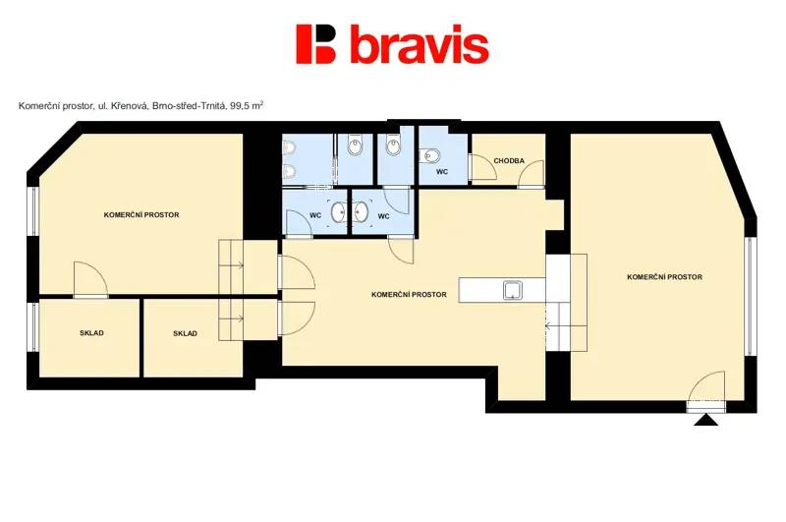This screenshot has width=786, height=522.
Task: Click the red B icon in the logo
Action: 315,44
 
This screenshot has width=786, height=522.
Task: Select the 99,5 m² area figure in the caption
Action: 247,106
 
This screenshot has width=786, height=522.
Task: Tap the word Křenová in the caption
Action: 132,106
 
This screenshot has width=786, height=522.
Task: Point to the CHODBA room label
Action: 509,161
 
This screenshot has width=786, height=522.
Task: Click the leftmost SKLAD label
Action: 91,333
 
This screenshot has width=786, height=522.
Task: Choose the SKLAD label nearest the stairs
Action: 185,333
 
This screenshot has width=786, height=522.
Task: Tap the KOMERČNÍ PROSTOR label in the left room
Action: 141,214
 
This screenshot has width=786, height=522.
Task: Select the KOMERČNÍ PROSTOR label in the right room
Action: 664,277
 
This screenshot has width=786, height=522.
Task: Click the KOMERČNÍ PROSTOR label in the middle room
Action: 409,294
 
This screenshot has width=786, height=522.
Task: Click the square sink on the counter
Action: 513,290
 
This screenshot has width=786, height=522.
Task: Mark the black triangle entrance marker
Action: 705,420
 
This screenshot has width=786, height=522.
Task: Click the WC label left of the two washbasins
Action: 315,215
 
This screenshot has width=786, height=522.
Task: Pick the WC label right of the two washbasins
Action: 383,216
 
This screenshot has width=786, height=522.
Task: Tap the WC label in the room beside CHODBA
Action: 441,171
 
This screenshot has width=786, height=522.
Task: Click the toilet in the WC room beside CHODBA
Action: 430,156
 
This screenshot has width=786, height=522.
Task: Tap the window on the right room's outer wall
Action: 750,296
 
